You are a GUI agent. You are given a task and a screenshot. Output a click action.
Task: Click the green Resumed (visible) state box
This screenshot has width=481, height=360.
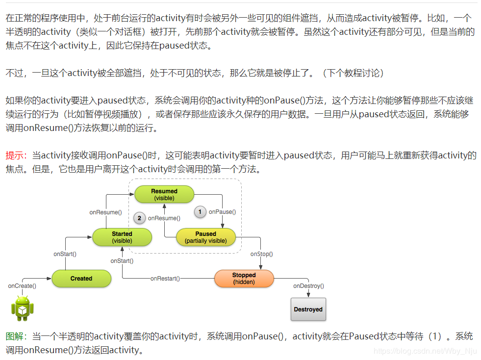164,195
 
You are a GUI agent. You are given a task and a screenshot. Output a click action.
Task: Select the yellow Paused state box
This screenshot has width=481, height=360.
205,237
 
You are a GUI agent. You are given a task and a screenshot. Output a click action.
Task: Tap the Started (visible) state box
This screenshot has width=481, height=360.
122,237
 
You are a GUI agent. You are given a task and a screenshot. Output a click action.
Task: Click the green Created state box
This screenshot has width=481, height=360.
81,279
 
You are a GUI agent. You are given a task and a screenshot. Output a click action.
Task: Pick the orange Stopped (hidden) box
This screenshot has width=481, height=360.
244,279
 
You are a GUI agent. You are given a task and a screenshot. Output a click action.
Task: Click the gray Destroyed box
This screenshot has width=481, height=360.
308,309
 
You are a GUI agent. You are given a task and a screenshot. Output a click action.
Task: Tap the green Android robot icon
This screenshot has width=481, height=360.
23,308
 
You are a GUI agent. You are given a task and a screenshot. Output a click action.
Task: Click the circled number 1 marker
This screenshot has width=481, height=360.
200,212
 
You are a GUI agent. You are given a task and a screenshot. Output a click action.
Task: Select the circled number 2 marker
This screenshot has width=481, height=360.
139,218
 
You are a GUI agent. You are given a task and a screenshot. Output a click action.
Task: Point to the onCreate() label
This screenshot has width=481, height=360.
22,285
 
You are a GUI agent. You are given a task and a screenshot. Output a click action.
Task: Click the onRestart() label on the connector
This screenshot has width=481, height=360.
165,279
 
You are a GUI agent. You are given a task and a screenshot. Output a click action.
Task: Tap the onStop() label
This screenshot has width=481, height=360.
261,254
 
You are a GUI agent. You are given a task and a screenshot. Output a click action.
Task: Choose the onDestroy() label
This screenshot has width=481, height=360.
308,285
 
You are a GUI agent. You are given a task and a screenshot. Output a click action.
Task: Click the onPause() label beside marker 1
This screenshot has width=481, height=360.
222,212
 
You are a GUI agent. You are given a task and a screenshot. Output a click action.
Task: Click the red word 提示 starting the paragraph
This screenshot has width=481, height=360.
15,156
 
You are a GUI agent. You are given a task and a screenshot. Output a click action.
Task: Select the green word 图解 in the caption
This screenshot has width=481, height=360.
15,336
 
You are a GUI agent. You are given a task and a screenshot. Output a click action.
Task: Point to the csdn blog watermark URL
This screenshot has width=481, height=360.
425,351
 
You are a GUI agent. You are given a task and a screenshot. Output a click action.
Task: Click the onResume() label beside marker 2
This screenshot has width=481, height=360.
164,218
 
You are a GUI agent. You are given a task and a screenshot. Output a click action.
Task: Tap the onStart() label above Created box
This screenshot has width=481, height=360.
65,254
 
